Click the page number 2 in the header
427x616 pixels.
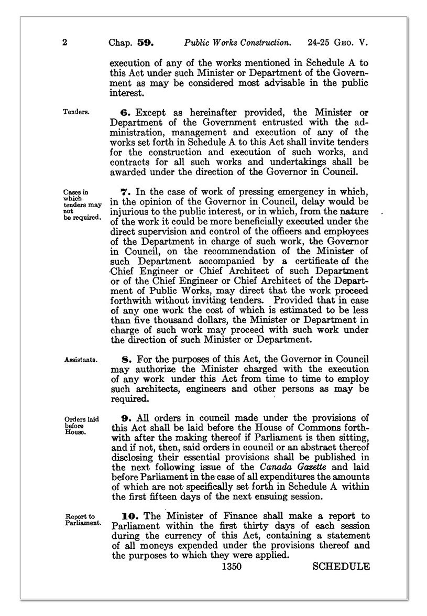tap(64, 41)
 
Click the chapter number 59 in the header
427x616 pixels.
tap(144, 41)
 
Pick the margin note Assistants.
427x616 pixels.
tap(80, 360)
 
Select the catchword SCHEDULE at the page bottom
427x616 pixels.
tap(341, 566)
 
